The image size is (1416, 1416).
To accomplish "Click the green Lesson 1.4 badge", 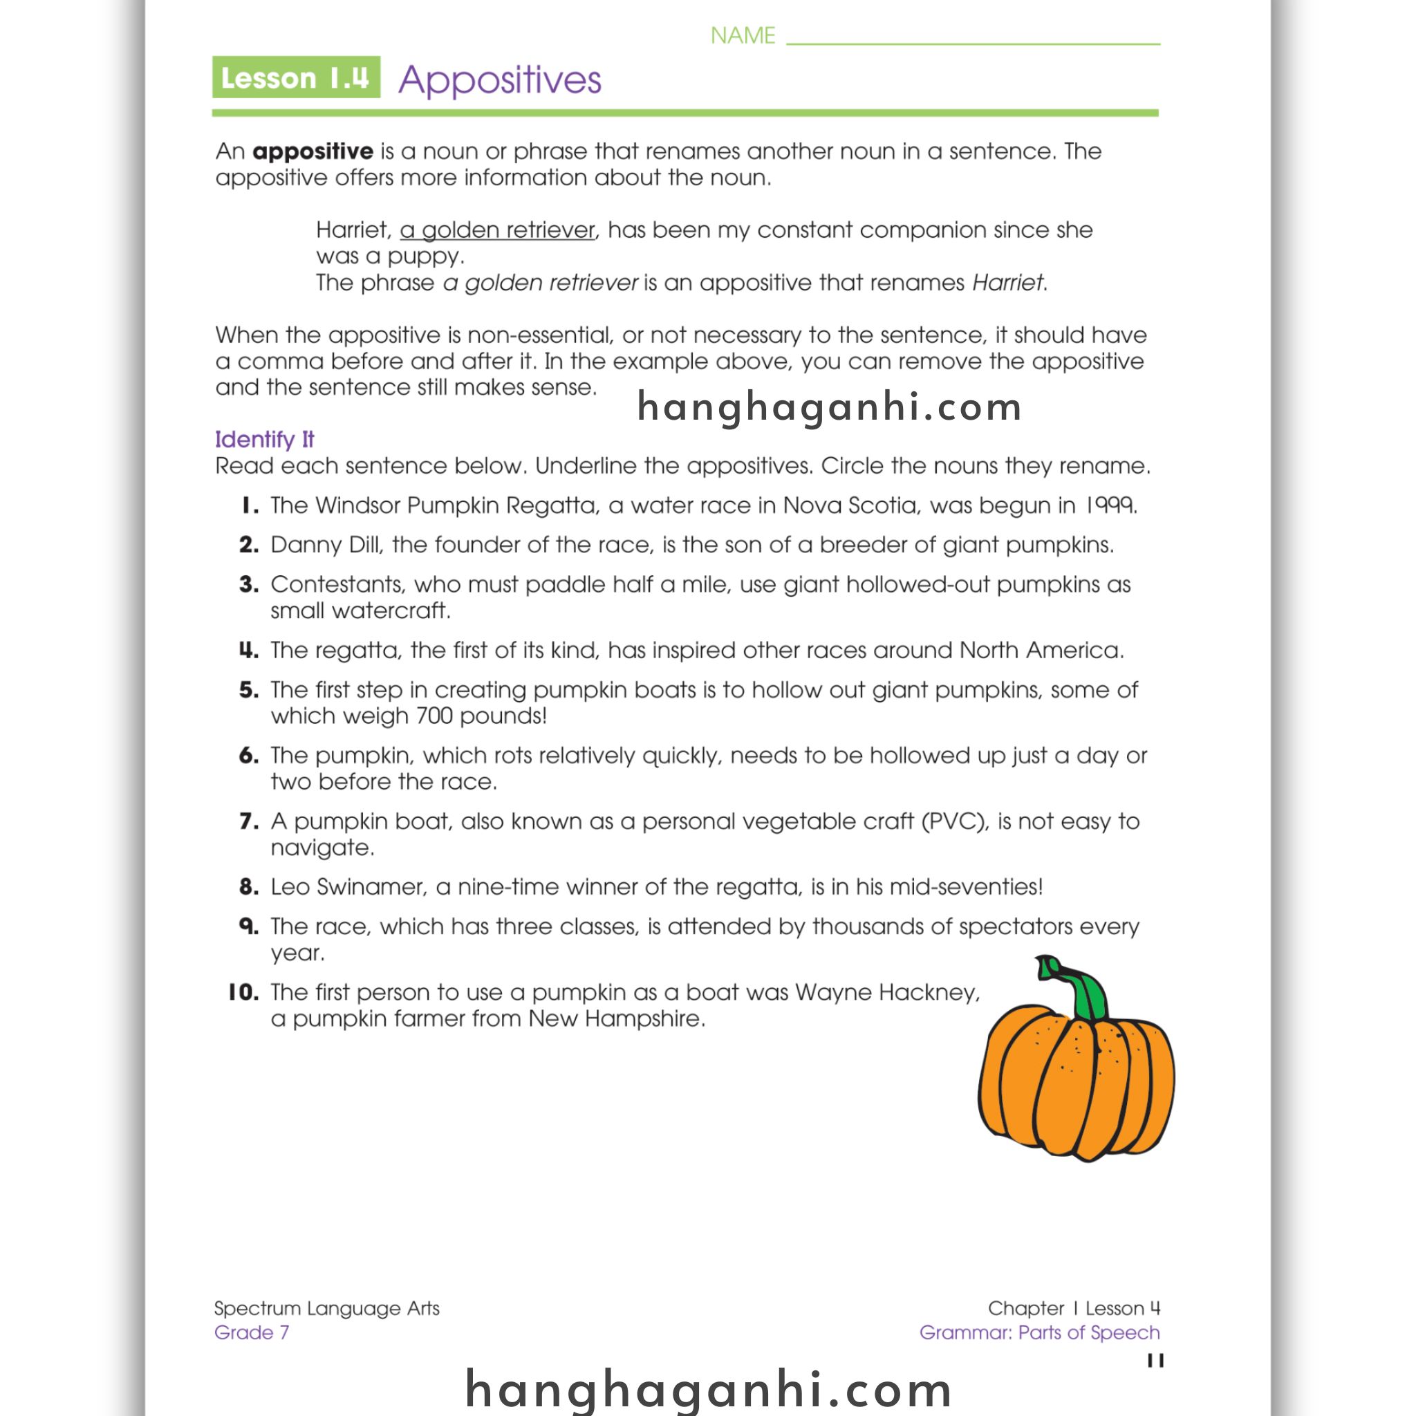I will [295, 77].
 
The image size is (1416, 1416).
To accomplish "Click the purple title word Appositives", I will [499, 80].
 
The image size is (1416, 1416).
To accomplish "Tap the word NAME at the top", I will [743, 35].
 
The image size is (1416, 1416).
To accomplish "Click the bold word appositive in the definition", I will [313, 151].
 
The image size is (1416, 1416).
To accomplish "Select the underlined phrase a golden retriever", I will [497, 230].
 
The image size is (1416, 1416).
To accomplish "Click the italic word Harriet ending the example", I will [1007, 282].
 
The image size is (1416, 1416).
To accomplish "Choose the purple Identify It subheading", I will [264, 439].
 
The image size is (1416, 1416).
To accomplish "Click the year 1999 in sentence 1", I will [1110, 505].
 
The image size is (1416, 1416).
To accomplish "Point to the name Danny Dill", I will [326, 545].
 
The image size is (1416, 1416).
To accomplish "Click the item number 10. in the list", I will [243, 992].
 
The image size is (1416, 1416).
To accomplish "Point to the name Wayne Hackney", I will [886, 992].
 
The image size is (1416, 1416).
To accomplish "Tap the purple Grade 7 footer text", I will [252, 1332].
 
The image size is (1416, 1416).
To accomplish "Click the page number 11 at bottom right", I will [1155, 1361].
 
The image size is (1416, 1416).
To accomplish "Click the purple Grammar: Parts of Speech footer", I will [1039, 1332].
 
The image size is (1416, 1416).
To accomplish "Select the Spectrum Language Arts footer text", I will [326, 1308].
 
